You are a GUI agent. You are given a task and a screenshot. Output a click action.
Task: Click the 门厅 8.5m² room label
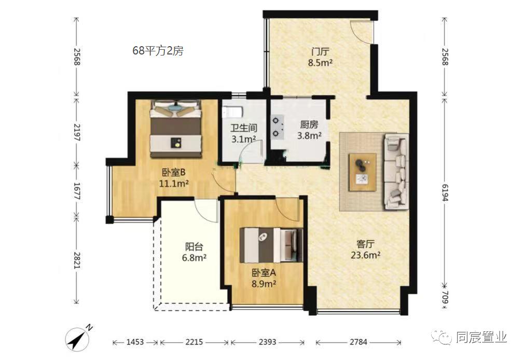320,57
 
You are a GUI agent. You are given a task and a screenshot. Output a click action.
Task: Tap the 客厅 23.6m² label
366,250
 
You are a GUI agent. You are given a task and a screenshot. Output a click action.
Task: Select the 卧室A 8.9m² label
264,278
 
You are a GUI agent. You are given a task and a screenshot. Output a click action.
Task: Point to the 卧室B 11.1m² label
173,178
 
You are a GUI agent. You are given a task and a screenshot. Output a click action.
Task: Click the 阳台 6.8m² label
194,252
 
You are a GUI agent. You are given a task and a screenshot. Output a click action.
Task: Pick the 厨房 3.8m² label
309,130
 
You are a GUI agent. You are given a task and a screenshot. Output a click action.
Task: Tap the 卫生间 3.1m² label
244,133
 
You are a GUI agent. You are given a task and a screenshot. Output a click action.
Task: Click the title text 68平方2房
158,51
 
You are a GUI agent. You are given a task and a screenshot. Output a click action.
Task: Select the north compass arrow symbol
79,338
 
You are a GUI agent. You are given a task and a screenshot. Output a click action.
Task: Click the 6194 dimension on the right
445,192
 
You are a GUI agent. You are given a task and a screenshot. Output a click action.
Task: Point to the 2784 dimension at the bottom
358,342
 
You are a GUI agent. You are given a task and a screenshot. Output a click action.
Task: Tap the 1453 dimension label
135,342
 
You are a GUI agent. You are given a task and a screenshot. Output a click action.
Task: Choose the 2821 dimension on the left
77,260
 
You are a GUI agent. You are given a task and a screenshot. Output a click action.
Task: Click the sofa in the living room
397,171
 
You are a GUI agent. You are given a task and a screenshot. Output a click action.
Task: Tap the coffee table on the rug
362,172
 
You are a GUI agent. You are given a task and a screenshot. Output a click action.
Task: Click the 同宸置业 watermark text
481,337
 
